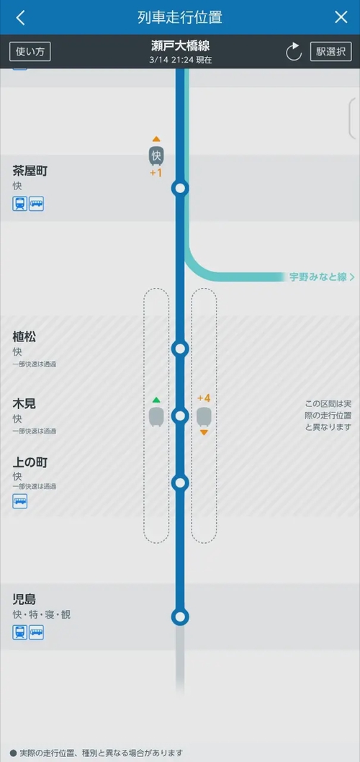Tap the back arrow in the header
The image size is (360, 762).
20,17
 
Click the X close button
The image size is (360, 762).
341,17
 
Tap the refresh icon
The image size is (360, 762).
294,52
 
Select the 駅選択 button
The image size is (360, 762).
331,52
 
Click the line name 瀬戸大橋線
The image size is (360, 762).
180,47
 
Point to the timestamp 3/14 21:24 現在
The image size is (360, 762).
180,60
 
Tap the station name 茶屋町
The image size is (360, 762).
30,171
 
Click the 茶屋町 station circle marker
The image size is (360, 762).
180,188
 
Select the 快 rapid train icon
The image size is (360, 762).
156,156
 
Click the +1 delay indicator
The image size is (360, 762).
156,172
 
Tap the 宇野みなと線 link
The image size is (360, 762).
322,277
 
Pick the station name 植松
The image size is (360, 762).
24,337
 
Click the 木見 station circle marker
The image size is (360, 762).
180,416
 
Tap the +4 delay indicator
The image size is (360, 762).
204,398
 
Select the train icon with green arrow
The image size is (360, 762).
156,417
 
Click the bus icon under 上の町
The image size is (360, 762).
20,501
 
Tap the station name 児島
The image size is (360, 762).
24,599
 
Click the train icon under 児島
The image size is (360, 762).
20,632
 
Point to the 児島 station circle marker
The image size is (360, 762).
180,617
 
